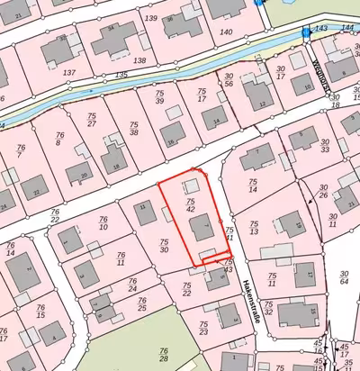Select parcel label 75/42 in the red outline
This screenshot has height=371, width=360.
click(x=191, y=204)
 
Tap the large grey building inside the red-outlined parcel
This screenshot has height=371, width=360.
click(x=203, y=229)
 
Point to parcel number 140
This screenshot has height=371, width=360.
click(x=227, y=31)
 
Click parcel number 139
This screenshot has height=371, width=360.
click(x=150, y=18)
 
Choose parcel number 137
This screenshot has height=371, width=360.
click(x=69, y=71)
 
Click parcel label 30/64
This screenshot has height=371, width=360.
click(x=344, y=277)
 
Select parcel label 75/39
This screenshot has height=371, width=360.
click(x=159, y=96)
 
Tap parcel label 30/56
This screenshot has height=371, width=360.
click(x=229, y=80)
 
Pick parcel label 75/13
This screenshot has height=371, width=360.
click(x=255, y=228)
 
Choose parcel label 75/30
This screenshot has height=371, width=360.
click(x=164, y=245)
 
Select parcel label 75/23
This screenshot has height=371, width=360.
click(x=203, y=329)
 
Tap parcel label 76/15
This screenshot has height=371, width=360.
click(x=40, y=311)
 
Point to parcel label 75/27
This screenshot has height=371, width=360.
click(x=92, y=121)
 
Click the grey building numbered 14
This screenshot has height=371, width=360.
click(x=213, y=116)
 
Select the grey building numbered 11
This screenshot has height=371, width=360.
click(x=145, y=213)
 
